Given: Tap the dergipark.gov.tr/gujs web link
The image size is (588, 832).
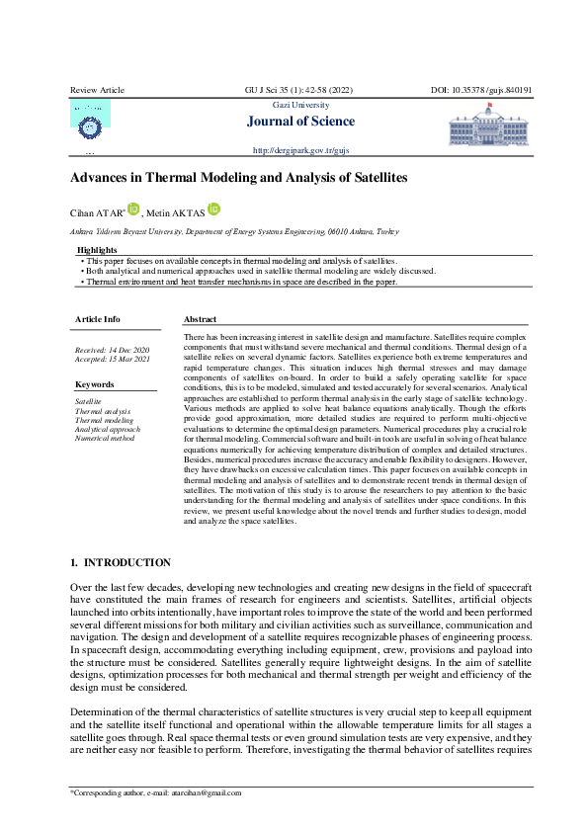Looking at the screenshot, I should click(301, 151).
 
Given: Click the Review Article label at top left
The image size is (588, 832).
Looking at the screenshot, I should click(96, 90).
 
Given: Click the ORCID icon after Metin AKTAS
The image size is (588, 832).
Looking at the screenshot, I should click(214, 209).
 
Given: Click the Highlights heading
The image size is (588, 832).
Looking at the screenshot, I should click(96, 251).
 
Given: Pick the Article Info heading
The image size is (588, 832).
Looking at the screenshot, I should click(98, 319).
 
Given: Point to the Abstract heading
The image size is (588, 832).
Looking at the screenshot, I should click(201, 320).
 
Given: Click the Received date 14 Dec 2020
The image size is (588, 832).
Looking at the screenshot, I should click(113, 351).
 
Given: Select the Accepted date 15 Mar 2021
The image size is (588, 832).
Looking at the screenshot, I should click(113, 360).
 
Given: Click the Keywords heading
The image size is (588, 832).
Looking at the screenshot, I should click(95, 384).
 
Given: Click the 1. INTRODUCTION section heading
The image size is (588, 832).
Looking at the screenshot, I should click(120, 562).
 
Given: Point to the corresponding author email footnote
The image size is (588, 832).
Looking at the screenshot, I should click(155, 792).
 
